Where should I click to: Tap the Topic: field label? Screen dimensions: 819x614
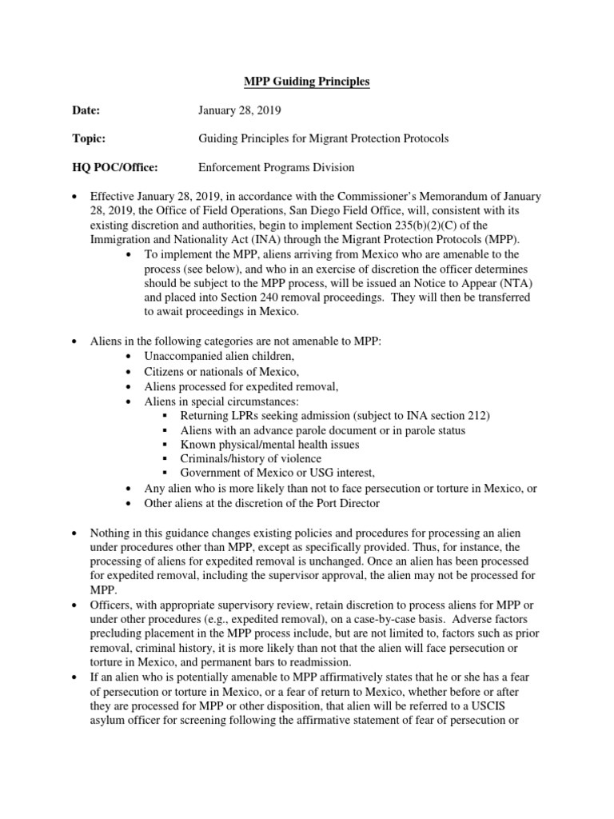click(x=90, y=138)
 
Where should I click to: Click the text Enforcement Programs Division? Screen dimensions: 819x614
click(x=276, y=167)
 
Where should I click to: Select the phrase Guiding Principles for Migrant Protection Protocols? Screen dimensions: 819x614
click(x=323, y=138)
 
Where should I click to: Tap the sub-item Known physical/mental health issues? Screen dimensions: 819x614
click(x=269, y=444)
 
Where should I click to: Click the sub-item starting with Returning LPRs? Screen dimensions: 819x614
click(x=335, y=415)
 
